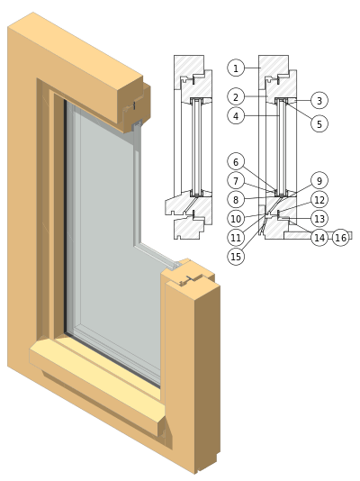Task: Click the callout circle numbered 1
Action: tap(236, 68)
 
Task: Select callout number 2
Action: tap(236, 97)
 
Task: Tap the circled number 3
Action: tap(319, 100)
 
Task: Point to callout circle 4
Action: tap(236, 116)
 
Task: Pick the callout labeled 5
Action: tap(319, 123)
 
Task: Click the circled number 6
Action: tap(236, 161)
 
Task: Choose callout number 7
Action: tap(236, 181)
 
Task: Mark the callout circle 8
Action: tap(236, 200)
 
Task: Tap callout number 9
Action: tap(319, 180)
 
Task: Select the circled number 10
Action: tap(236, 219)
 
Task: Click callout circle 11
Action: tap(236, 238)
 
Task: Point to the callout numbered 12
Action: tap(319, 200)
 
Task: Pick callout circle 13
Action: tap(319, 218)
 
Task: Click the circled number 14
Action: tap(319, 238)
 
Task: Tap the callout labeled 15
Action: tap(236, 257)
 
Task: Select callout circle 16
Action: tap(341, 238)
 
